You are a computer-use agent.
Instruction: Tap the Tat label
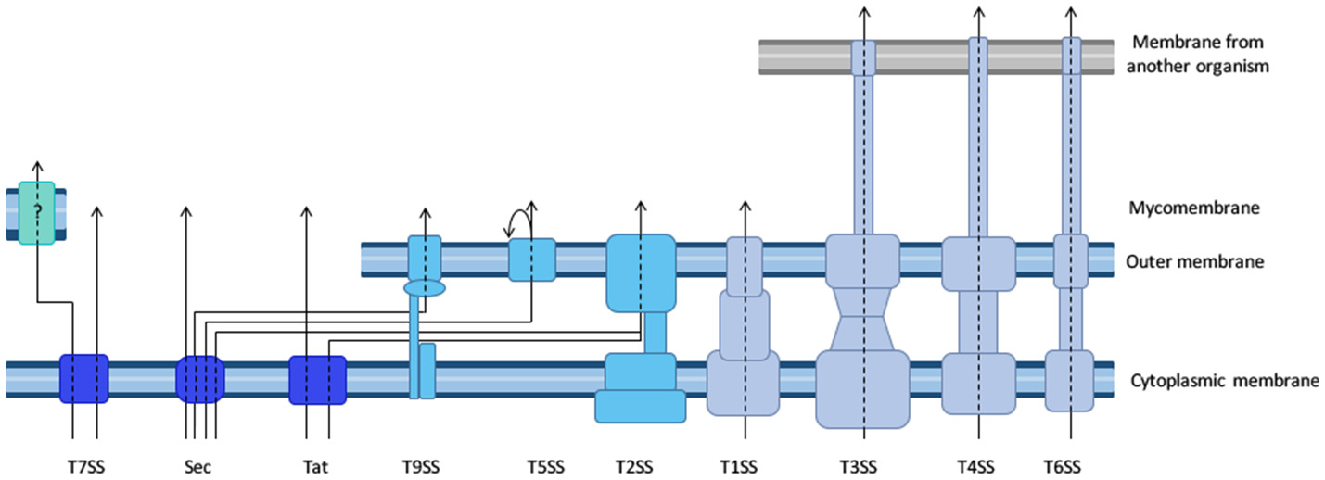[x=317, y=466]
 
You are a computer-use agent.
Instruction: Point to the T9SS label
[x=423, y=466]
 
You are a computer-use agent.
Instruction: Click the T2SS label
[x=640, y=466]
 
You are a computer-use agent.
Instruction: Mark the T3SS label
[x=864, y=466]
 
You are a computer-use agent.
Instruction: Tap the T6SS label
[x=1070, y=466]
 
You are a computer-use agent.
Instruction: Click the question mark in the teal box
[x=37, y=212]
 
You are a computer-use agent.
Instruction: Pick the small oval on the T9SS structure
[x=425, y=289]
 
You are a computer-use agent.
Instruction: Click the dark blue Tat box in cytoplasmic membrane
[x=317, y=380]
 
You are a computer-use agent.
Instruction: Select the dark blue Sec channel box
[x=200, y=379]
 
